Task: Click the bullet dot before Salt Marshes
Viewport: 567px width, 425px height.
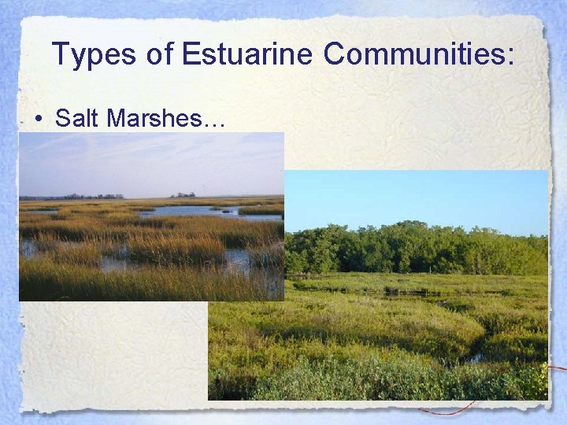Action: point(38,120)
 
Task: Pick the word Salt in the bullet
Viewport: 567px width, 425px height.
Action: point(77,118)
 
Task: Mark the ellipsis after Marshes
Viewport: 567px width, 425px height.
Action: point(213,124)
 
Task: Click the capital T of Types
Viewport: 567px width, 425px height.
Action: point(60,54)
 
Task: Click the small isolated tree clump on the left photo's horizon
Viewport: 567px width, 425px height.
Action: point(183,194)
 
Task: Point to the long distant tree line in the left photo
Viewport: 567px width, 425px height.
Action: point(71,197)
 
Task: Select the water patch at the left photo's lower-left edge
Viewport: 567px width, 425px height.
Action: point(28,249)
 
